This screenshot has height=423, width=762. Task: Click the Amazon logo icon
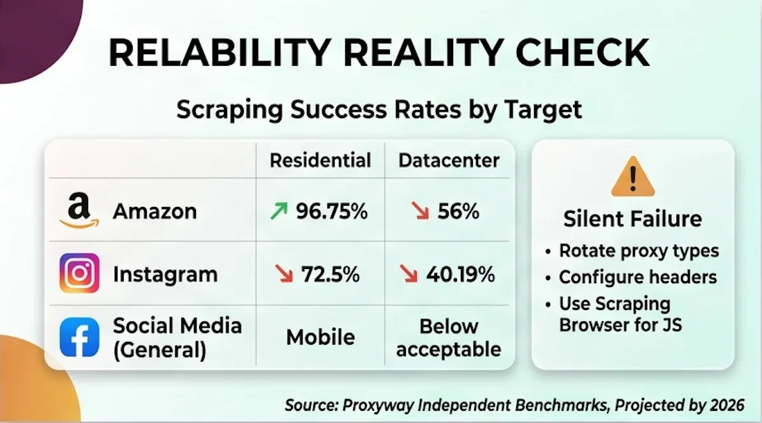pyautogui.click(x=80, y=211)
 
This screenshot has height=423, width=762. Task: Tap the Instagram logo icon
pyautogui.click(x=80, y=273)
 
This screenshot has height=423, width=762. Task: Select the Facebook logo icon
pyautogui.click(x=80, y=337)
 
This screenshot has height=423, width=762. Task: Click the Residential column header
pyautogui.click(x=320, y=160)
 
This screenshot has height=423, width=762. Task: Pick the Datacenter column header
pyautogui.click(x=449, y=160)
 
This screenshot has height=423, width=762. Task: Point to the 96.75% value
pyautogui.click(x=331, y=211)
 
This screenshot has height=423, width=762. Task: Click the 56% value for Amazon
pyautogui.click(x=458, y=211)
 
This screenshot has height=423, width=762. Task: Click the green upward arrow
pyautogui.click(x=278, y=211)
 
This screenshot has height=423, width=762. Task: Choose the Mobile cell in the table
pyautogui.click(x=320, y=337)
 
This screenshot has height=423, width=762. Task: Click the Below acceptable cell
pyautogui.click(x=449, y=338)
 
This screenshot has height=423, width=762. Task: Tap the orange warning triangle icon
pyautogui.click(x=632, y=176)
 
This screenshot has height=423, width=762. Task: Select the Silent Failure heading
pyautogui.click(x=632, y=219)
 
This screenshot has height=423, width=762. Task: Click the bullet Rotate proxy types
pyautogui.click(x=639, y=250)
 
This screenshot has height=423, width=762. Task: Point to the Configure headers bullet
pyautogui.click(x=638, y=277)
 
